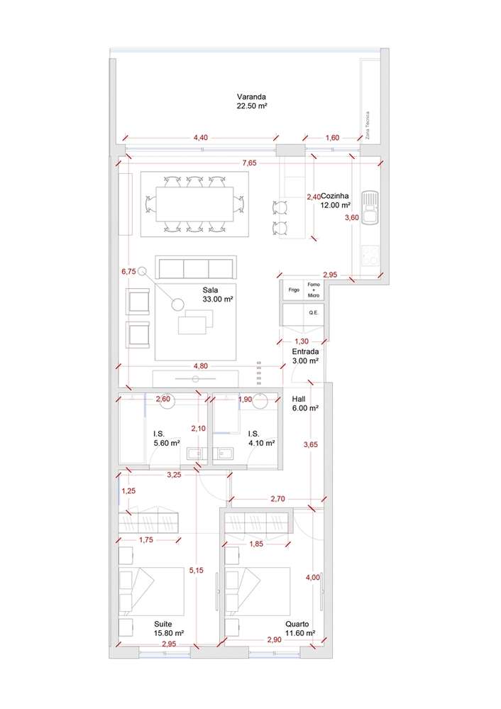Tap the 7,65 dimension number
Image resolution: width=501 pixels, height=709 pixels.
(x=249, y=163)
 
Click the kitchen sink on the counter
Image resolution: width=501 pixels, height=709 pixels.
(x=370, y=208)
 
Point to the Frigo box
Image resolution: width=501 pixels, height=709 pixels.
(x=293, y=290)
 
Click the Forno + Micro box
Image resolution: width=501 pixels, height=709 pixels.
(x=313, y=290)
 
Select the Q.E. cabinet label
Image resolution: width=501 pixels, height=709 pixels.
(x=312, y=312)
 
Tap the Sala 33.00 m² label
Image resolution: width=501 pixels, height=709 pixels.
(x=218, y=295)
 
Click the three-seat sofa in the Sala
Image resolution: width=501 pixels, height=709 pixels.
(x=196, y=268)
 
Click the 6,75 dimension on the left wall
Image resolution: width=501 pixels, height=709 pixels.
(x=128, y=271)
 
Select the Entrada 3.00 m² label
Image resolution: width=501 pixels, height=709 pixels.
(x=305, y=356)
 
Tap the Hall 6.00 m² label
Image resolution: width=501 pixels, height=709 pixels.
(x=304, y=403)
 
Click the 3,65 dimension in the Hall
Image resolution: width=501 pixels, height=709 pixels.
(x=310, y=445)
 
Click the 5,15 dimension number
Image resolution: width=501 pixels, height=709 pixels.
(x=196, y=570)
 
